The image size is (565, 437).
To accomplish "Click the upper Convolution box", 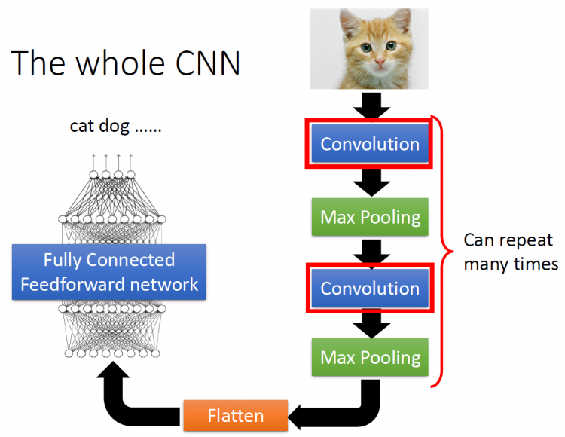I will [370, 143].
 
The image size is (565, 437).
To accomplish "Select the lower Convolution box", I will [370, 288].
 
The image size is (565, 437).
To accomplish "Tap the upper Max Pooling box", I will [370, 217].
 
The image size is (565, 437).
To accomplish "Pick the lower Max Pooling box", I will [370, 357].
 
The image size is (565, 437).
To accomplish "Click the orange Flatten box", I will [236, 415].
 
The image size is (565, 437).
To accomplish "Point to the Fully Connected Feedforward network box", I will [109, 272].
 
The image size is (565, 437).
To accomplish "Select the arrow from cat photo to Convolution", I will [370, 105].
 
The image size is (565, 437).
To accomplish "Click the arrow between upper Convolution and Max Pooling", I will [370, 182].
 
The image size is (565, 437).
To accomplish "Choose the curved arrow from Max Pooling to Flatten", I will [354, 407].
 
